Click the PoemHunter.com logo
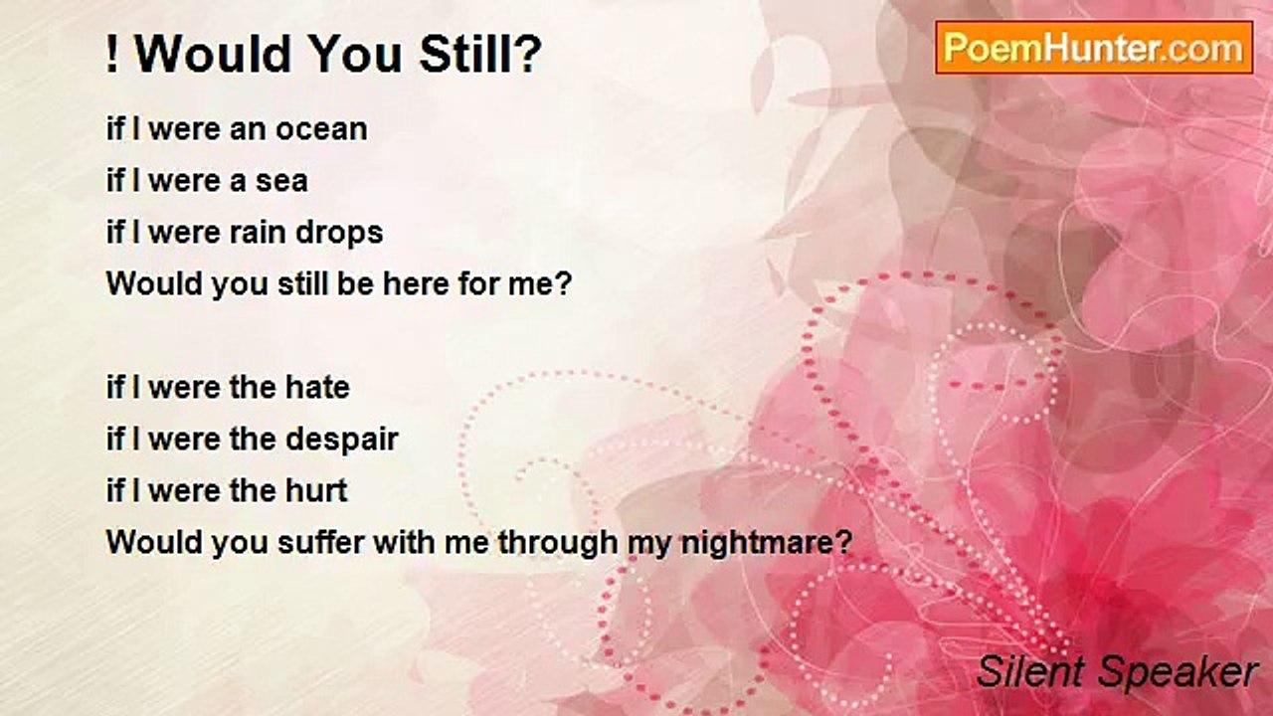pos(1094,48)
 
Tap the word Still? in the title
pos(480,55)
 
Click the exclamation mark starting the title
pos(112,55)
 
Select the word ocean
pos(321,129)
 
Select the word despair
pos(341,441)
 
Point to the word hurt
pos(316,490)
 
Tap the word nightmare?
pos(767,543)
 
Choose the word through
pos(558,543)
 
